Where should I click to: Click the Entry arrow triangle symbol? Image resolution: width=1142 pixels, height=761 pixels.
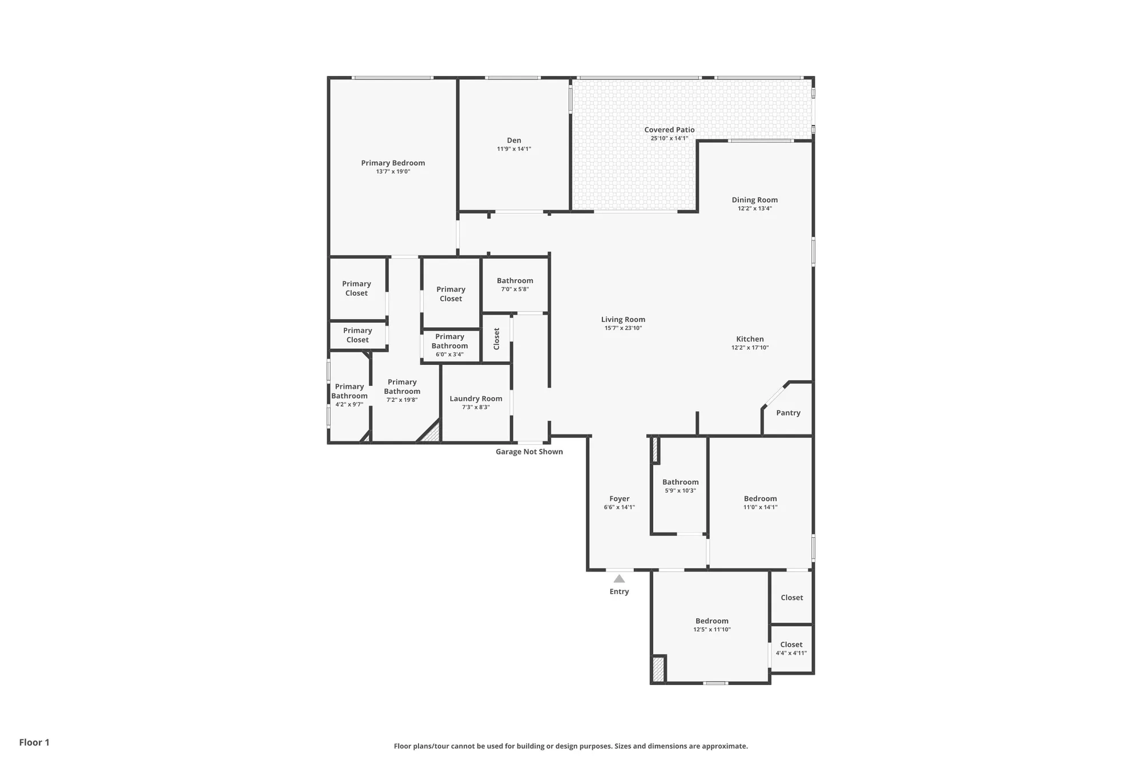pyautogui.click(x=619, y=579)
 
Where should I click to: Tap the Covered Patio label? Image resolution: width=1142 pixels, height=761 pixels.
pyautogui.click(x=669, y=130)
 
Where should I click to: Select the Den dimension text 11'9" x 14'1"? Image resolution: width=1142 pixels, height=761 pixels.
pyautogui.click(x=514, y=149)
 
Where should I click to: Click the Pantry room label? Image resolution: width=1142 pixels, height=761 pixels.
pyautogui.click(x=788, y=413)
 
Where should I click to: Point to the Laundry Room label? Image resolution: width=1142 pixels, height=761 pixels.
pyautogui.click(x=476, y=398)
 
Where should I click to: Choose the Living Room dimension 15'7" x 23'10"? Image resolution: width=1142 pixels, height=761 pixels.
pyautogui.click(x=623, y=328)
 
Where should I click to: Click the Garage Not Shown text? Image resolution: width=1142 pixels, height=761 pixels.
pyautogui.click(x=529, y=452)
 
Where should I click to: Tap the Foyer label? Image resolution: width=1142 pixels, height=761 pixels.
pyautogui.click(x=619, y=498)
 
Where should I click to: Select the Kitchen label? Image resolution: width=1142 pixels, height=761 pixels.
pyautogui.click(x=750, y=339)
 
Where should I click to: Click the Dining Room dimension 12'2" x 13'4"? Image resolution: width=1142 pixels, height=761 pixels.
pyautogui.click(x=754, y=208)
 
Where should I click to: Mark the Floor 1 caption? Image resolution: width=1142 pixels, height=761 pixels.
pyautogui.click(x=34, y=742)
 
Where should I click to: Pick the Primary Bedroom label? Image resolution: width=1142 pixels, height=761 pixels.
pyautogui.click(x=393, y=163)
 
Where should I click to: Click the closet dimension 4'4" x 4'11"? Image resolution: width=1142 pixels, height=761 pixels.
pyautogui.click(x=791, y=653)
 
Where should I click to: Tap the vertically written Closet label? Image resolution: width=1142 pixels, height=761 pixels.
pyautogui.click(x=496, y=339)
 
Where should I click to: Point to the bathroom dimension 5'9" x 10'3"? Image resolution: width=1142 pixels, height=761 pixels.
pyautogui.click(x=680, y=490)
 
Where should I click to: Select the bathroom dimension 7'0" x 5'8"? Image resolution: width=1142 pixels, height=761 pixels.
pyautogui.click(x=514, y=289)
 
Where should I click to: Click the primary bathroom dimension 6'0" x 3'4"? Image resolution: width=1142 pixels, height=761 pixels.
pyautogui.click(x=449, y=355)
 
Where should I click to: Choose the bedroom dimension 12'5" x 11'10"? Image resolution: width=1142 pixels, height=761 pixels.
pyautogui.click(x=711, y=630)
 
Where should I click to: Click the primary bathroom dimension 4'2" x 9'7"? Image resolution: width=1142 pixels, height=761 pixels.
pyautogui.click(x=349, y=405)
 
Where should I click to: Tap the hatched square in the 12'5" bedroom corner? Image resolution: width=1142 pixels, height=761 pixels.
pyautogui.click(x=658, y=669)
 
